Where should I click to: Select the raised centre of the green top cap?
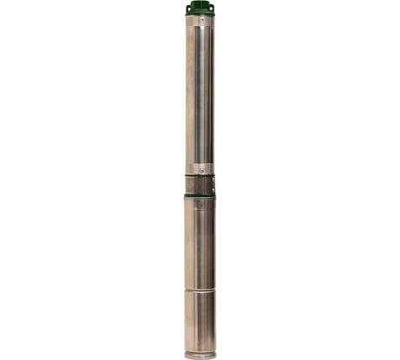tap(200, 6)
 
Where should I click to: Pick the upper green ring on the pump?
tap(200, 177)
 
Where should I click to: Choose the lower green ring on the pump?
tap(200, 196)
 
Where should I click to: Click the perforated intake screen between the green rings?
tap(200, 187)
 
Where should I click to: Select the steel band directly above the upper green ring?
tap(200, 170)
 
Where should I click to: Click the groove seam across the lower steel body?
tap(200, 290)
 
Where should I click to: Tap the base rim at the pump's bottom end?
tap(200, 354)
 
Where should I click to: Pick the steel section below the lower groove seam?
tap(200, 321)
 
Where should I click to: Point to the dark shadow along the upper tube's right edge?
tap(213, 95)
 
